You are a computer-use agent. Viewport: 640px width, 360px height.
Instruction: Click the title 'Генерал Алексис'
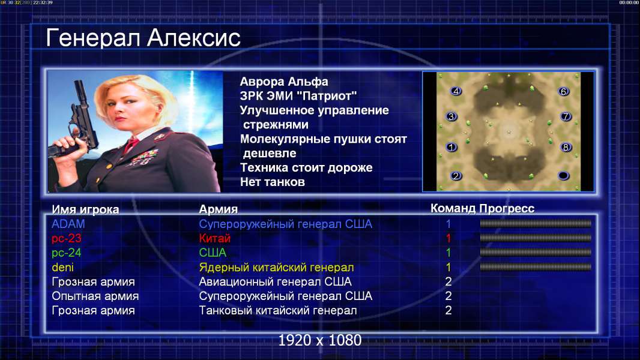143,38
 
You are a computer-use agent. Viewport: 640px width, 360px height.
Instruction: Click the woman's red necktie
131,145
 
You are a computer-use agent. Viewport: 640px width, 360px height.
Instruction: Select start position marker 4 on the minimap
456,91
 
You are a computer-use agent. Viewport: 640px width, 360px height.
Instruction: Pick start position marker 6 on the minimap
563,91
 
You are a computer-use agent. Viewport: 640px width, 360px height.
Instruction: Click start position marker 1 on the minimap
451,147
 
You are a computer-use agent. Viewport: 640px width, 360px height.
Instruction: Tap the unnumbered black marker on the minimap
563,176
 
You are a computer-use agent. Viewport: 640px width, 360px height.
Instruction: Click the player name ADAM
68,224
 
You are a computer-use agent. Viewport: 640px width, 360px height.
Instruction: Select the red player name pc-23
67,238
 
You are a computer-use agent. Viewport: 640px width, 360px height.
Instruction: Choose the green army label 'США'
213,253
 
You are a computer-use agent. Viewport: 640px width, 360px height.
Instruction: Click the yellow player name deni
63,268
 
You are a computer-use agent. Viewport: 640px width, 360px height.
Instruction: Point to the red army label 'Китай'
215,238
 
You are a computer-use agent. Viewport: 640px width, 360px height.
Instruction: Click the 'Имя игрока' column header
85,209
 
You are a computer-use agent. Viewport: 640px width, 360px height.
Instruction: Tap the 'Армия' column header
219,209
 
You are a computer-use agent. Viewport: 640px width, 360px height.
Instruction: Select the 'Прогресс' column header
507,208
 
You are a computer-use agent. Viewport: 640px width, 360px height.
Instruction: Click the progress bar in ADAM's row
536,223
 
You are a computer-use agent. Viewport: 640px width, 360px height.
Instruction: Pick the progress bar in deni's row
536,267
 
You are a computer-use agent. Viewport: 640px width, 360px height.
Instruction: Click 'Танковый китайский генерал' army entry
278,311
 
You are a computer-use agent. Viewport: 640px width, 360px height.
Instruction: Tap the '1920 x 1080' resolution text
320,340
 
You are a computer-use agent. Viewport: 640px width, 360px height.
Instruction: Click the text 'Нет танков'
273,182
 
